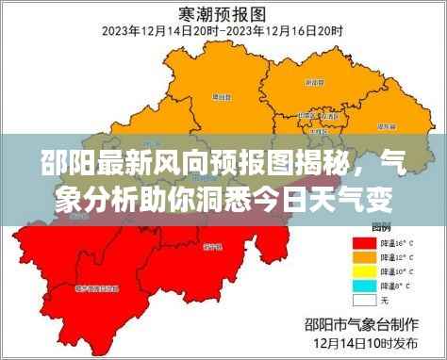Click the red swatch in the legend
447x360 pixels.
pos(363,241)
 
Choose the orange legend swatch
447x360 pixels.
pos(363,256)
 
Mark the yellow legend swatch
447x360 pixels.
pos(363,270)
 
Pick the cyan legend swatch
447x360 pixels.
pos(363,286)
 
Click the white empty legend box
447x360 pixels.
pos(363,301)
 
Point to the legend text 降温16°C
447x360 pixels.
pos(393,241)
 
